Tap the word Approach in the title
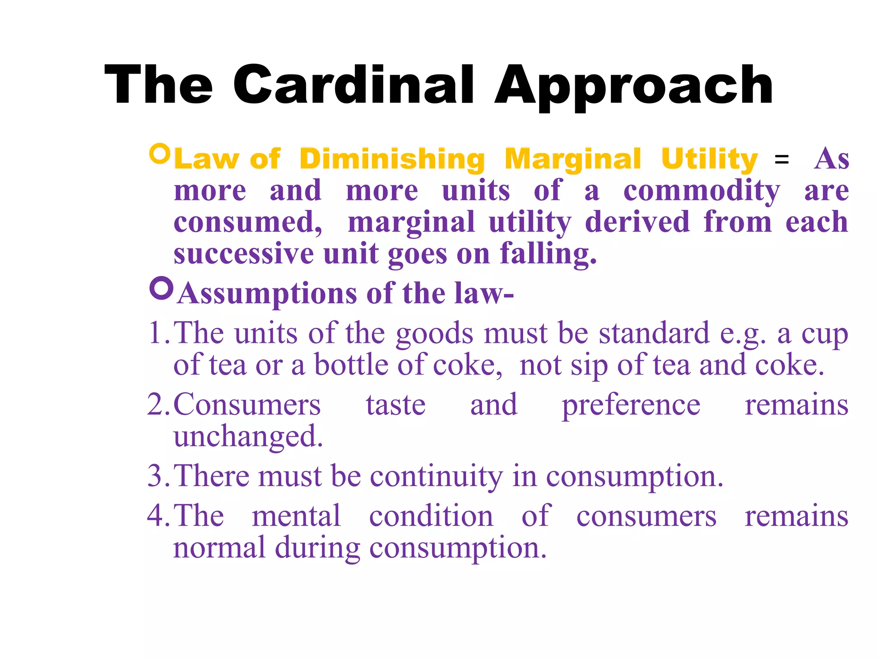pos(633,86)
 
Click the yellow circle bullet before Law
pos(160,154)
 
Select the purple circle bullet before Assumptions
pos(161,288)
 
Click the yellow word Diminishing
pos(392,159)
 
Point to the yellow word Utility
pos(709,159)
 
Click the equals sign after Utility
pos(781,160)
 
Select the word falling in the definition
pos(548,254)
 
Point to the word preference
pos(631,405)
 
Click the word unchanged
pos(248,436)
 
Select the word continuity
pos(436,477)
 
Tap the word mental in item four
pos(296,516)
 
